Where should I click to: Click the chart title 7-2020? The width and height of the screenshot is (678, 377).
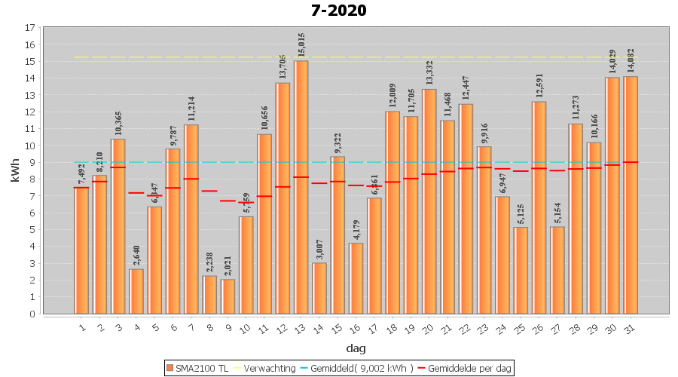click(338, 11)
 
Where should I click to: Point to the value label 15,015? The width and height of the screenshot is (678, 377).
click(301, 46)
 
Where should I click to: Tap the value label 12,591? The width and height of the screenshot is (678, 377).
click(539, 87)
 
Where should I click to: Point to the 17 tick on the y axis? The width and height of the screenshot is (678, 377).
click(30, 28)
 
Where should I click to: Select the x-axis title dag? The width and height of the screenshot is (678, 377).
click(356, 348)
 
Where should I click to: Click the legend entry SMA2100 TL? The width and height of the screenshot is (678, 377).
click(197, 368)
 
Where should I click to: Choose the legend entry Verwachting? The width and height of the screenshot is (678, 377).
click(268, 368)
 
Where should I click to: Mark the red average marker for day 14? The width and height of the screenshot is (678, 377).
click(319, 183)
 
